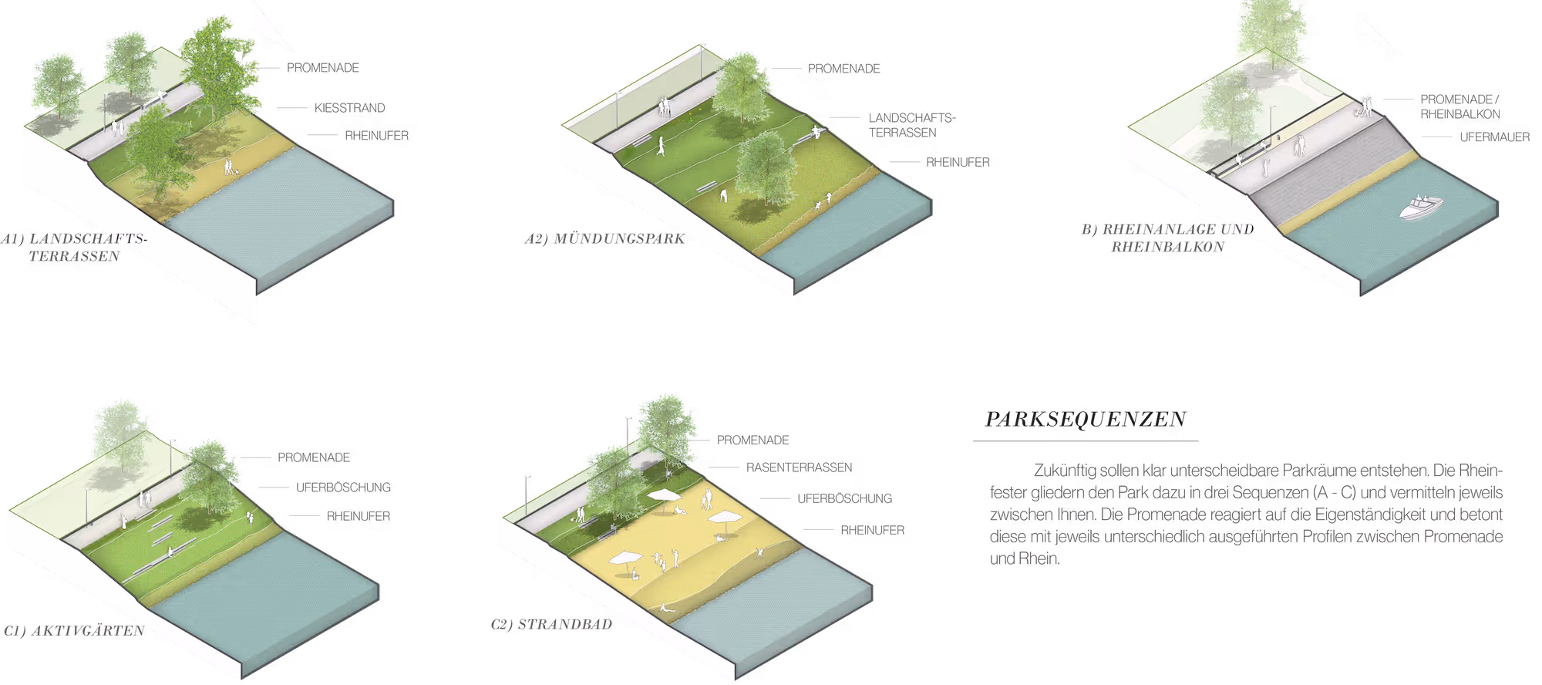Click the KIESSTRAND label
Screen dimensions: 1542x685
click(350, 108)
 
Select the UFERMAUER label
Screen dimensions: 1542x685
click(1494, 137)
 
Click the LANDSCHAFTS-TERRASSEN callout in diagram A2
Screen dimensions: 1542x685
click(911, 125)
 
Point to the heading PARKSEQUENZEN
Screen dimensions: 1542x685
click(1086, 419)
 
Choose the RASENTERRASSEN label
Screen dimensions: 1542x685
click(799, 467)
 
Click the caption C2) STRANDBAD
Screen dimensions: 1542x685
click(551, 624)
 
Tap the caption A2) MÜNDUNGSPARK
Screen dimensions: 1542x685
click(604, 238)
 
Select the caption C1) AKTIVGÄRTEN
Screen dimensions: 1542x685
click(73, 630)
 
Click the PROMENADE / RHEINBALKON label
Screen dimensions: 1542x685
click(1460, 106)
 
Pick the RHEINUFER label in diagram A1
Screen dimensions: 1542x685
click(376, 136)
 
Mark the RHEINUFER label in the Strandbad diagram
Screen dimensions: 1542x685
click(872, 530)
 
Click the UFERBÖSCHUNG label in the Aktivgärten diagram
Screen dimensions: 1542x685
click(343, 488)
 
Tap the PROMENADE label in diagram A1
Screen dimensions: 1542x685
click(323, 68)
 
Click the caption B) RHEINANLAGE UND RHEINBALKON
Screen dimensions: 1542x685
click(1167, 238)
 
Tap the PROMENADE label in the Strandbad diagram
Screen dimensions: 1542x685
click(752, 440)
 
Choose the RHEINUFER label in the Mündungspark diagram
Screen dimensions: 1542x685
click(957, 163)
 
